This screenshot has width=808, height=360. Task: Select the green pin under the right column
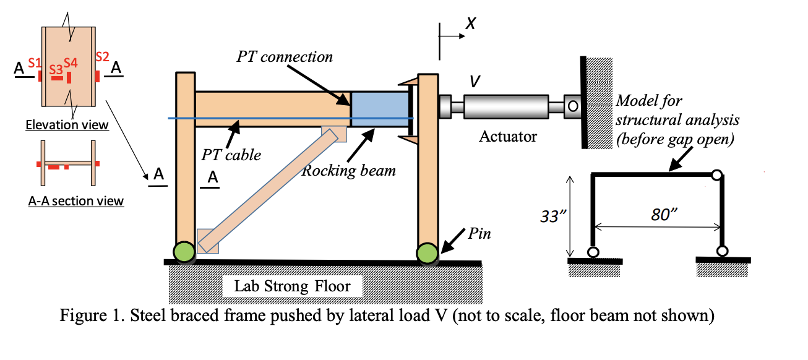(426, 252)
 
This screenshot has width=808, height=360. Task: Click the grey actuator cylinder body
(506, 107)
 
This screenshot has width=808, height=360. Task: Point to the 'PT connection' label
(285, 57)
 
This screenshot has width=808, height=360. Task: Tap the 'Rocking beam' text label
(348, 171)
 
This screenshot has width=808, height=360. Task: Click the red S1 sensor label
(35, 62)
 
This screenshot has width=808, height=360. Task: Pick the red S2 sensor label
(102, 57)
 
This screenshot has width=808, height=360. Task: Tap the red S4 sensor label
(70, 62)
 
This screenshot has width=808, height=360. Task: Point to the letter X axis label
(471, 24)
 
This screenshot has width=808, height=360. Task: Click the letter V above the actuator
(475, 81)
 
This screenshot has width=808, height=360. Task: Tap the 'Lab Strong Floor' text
(291, 286)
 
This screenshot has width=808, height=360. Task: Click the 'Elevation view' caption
(67, 125)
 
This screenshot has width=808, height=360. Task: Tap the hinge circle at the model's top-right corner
(716, 176)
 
